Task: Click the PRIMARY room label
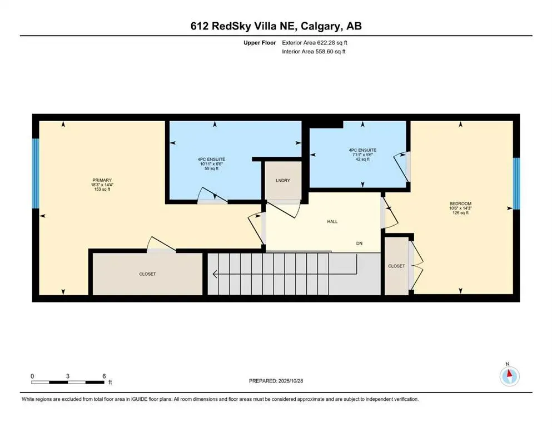coord(102,180)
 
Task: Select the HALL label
coord(332,221)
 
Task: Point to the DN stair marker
coord(360,244)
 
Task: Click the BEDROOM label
coord(460,203)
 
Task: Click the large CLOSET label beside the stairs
coord(147,274)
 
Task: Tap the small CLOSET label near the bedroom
coord(396,266)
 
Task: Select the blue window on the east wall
coord(516,183)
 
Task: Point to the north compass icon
coord(509,375)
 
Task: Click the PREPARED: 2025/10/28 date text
coord(276,381)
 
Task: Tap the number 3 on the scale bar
coord(68,376)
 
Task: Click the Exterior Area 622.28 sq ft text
coord(316,42)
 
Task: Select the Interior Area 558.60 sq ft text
coord(315,52)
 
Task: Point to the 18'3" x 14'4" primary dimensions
coord(102,185)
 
